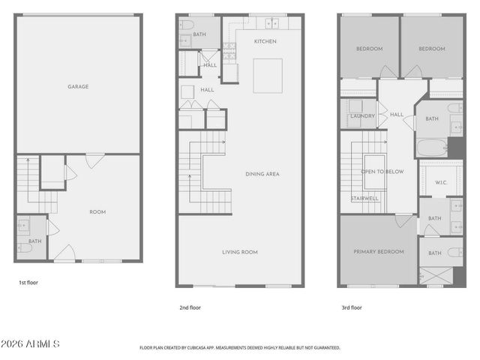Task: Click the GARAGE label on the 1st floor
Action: pos(78,86)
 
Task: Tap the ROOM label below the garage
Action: pos(97,212)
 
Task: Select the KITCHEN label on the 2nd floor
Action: pos(266,41)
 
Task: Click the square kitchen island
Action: pos(267,76)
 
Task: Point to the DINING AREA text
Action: pos(262,174)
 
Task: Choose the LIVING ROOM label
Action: pos(239,252)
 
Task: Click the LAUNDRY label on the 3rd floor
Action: pos(362,116)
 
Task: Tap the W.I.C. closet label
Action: pos(441,181)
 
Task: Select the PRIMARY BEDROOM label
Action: pos(379,252)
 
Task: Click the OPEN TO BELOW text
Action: pos(382,172)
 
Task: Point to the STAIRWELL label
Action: pos(364,199)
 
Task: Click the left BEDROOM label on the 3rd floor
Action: pos(369,49)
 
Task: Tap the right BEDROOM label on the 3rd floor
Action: pos(431,49)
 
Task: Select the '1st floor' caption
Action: pos(28,283)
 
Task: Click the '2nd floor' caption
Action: pos(190,307)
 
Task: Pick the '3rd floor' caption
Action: pos(352,307)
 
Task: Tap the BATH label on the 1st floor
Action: pos(35,241)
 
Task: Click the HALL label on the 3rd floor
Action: pos(397,115)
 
